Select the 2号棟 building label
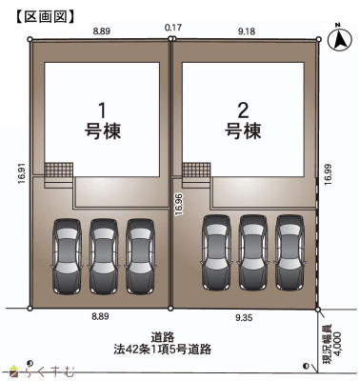click(243, 119)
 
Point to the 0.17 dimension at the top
click(172, 29)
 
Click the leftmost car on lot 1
click(68, 254)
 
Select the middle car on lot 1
click(104, 254)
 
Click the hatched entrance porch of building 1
click(59, 172)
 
